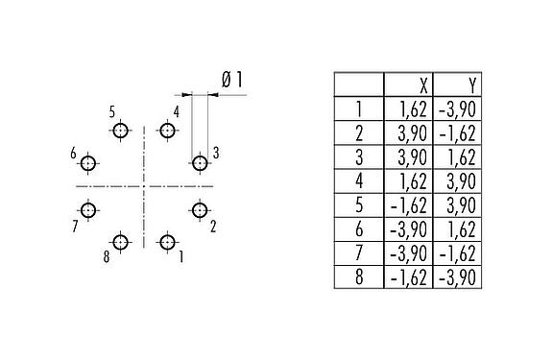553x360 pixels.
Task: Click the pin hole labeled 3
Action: pyautogui.click(x=200, y=163)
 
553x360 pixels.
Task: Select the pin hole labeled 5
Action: pyautogui.click(x=120, y=132)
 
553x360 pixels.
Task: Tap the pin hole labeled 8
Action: pyautogui.click(x=120, y=242)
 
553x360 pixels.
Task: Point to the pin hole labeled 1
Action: pyautogui.click(x=167, y=242)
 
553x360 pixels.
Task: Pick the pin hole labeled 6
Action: pyautogui.click(x=88, y=163)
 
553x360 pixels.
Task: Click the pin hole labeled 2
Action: pyautogui.click(x=200, y=210)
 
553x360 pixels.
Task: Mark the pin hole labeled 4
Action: pyautogui.click(x=167, y=132)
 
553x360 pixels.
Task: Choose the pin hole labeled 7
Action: pyautogui.click(x=88, y=210)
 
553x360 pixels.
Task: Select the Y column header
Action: pyautogui.click(x=457, y=84)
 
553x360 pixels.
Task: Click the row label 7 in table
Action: pyautogui.click(x=358, y=253)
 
